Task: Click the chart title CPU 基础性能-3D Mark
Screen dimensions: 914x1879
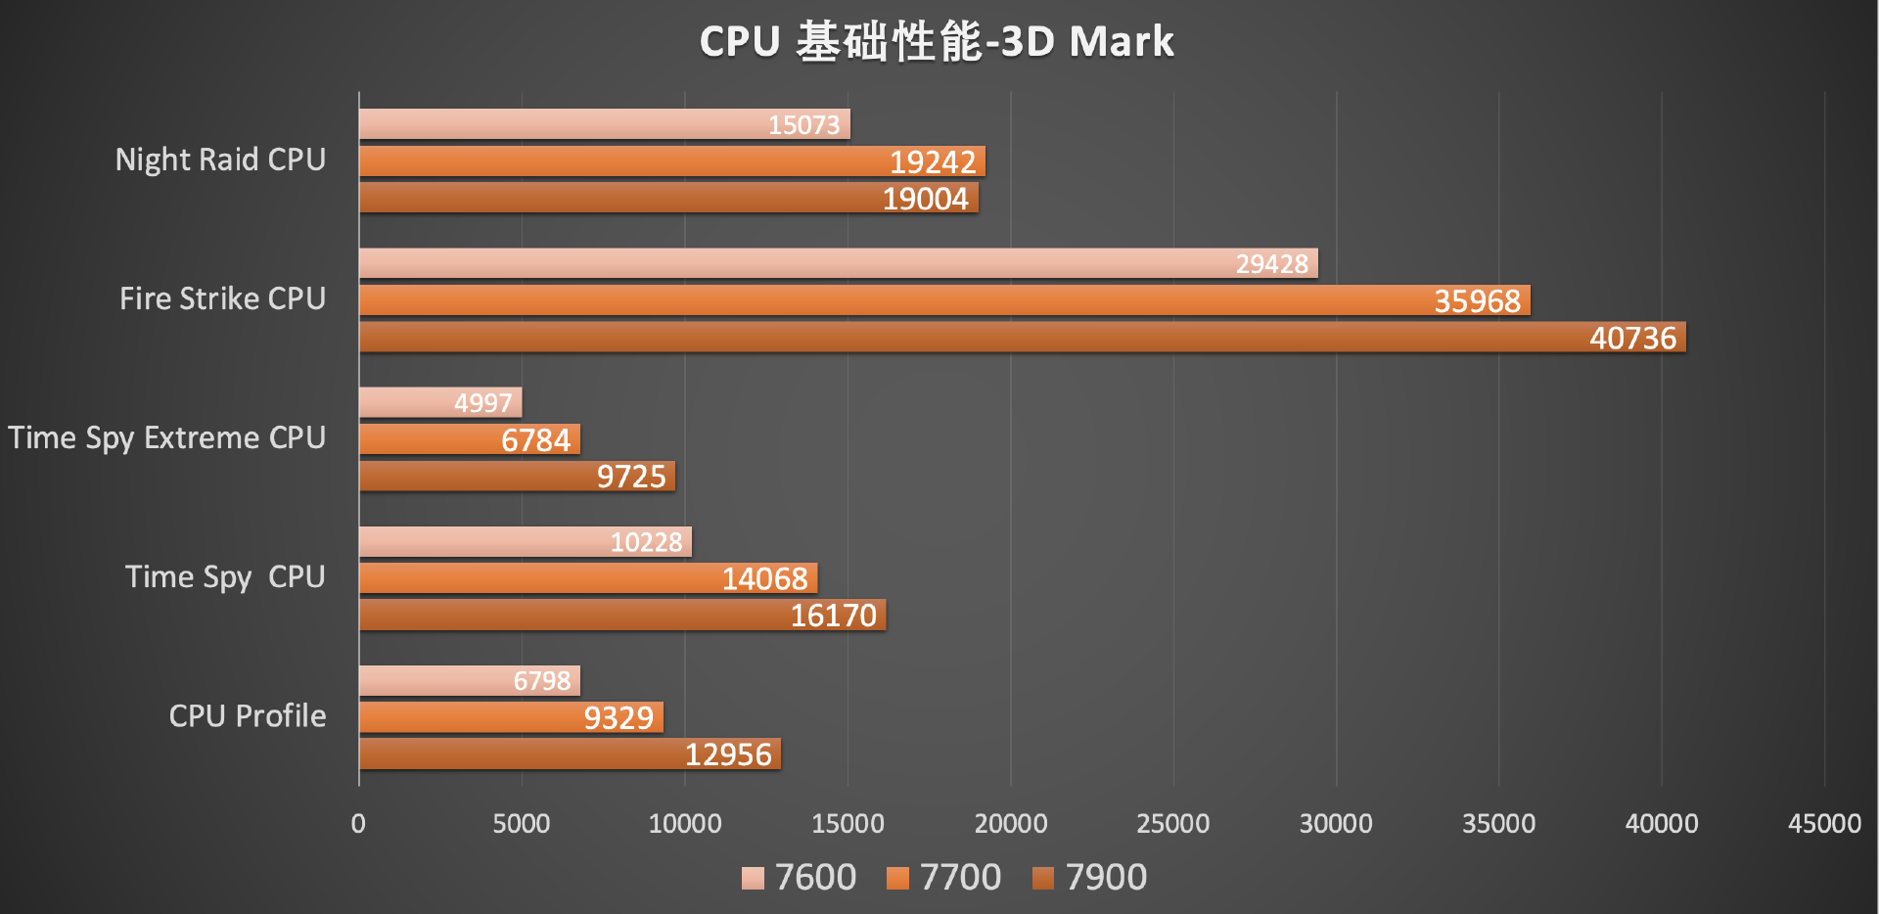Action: pyautogui.click(x=937, y=42)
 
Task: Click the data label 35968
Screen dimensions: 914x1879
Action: pyautogui.click(x=1477, y=300)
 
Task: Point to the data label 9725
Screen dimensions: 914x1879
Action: pyautogui.click(x=631, y=477)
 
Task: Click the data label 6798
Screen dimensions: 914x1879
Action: pyautogui.click(x=542, y=681)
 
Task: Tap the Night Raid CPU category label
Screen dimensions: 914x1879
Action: pyautogui.click(x=220, y=160)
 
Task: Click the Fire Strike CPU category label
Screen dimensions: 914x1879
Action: pyautogui.click(x=222, y=298)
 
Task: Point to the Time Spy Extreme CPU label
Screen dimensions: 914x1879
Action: pyautogui.click(x=166, y=437)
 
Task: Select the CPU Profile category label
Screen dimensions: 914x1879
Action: pyautogui.click(x=248, y=716)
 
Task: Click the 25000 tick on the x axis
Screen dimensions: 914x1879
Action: pyautogui.click(x=1172, y=824)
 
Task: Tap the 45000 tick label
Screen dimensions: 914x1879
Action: pyautogui.click(x=1824, y=824)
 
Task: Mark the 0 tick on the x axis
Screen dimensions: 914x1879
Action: pyautogui.click(x=358, y=824)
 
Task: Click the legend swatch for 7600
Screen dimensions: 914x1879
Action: pyautogui.click(x=753, y=878)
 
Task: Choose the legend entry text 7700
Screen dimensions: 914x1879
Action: pyautogui.click(x=960, y=878)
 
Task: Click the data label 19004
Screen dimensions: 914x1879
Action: pyautogui.click(x=925, y=199)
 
